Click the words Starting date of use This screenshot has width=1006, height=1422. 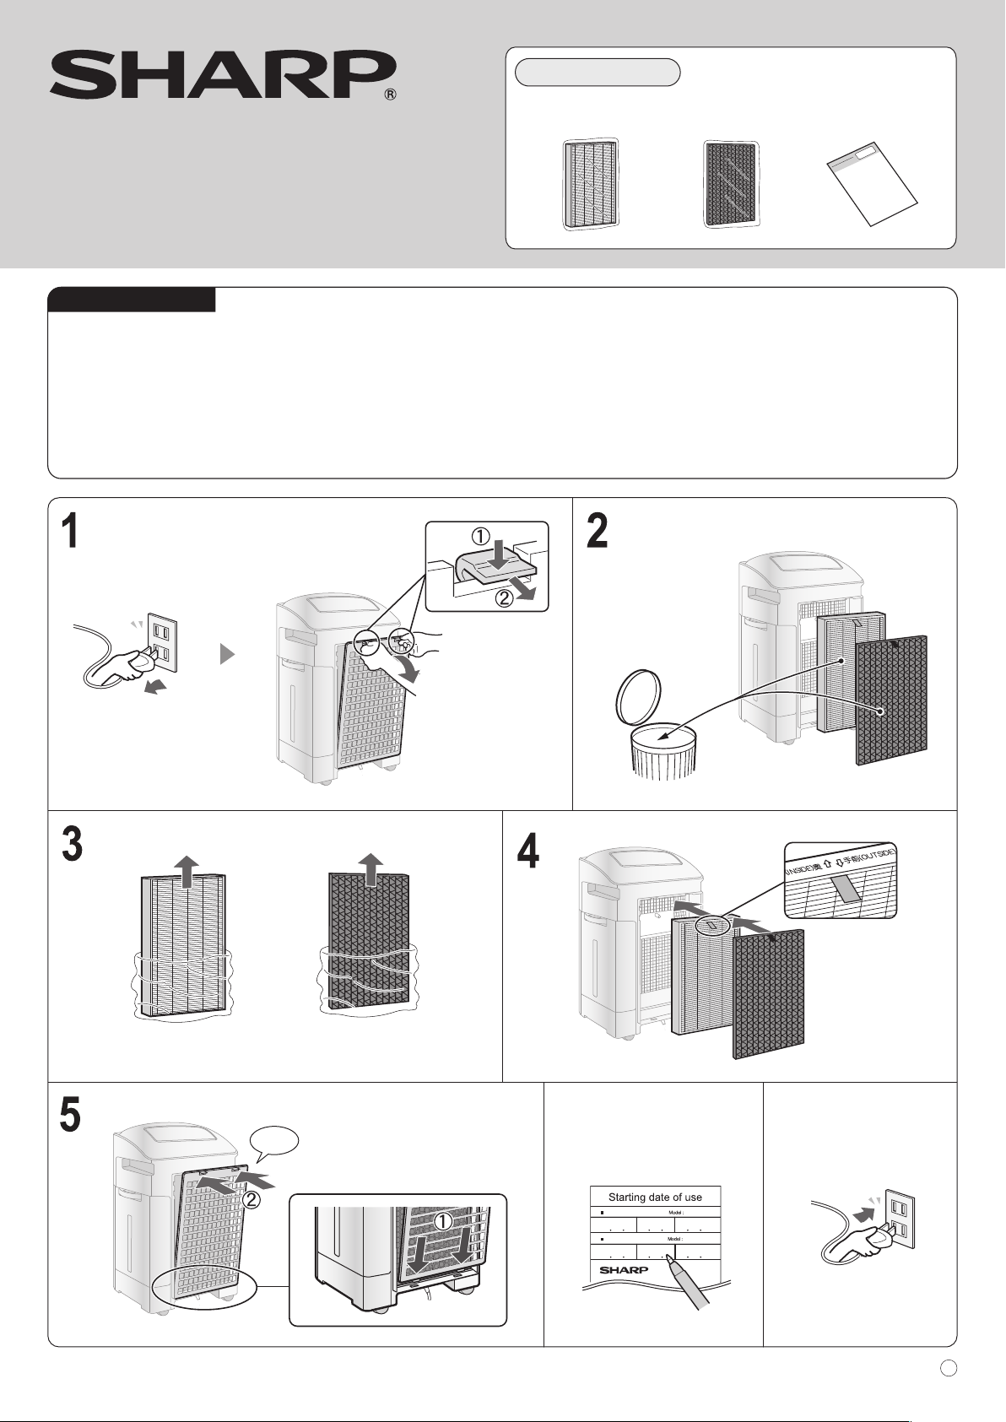click(x=655, y=1197)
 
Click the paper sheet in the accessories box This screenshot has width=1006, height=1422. click(x=873, y=184)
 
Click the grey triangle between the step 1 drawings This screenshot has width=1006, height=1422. click(x=226, y=655)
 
